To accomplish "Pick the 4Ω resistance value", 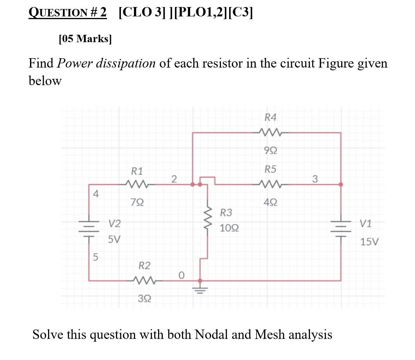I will click(x=271, y=202).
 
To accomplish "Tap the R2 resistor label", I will click(x=144, y=266).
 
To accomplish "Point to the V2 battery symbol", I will click(x=89, y=228).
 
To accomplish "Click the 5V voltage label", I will click(x=114, y=239).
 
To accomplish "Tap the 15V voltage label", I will click(x=369, y=242).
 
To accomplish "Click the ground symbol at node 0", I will click(x=200, y=290).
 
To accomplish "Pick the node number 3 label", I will click(x=315, y=179).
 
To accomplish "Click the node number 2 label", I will click(x=175, y=179).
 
